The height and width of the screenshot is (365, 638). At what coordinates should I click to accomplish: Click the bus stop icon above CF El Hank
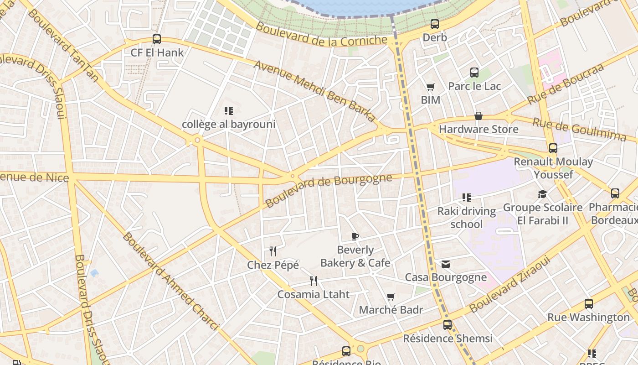point(157,39)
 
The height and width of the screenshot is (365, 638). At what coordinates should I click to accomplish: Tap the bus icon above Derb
point(435,24)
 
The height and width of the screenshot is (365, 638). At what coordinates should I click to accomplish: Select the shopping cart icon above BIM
point(430,87)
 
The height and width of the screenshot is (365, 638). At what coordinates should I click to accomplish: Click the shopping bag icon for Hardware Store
point(478,116)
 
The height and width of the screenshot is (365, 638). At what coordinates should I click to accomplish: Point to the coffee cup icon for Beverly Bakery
point(355,236)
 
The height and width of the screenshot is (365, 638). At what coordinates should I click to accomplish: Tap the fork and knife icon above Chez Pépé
point(273,251)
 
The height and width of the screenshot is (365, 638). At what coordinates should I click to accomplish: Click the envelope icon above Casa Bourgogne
point(446,264)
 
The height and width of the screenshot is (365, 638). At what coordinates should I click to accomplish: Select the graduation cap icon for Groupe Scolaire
point(542,194)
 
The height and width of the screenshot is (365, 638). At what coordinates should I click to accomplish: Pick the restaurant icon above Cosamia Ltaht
point(314,281)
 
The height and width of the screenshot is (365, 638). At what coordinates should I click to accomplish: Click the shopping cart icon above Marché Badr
point(391,297)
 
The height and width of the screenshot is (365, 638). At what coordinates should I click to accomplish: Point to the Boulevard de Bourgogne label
point(329,190)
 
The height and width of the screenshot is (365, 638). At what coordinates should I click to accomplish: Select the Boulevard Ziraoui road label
point(510,284)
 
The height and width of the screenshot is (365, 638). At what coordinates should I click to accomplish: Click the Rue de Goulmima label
point(579,130)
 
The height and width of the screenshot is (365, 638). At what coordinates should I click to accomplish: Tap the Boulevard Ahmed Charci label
point(170,281)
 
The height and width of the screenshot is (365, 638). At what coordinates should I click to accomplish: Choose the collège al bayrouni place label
point(229,124)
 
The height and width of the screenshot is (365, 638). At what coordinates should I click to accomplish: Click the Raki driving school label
point(466,218)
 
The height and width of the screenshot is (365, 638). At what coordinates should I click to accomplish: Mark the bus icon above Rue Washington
point(589,304)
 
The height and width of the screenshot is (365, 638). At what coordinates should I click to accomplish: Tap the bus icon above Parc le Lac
point(474,73)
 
